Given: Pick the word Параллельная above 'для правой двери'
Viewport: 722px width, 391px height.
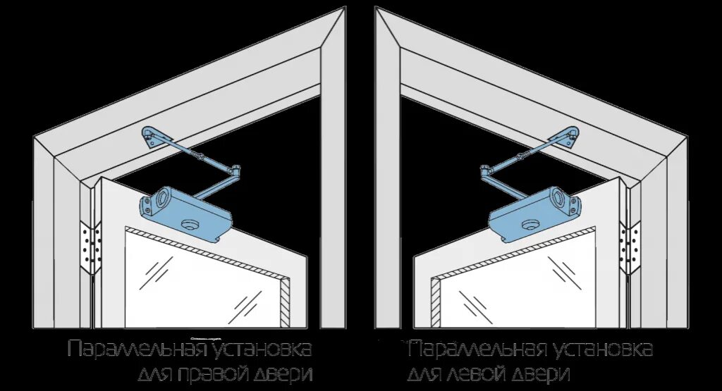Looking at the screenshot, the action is pos(137,349).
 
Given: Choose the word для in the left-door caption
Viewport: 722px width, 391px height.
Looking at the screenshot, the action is pos(427,373).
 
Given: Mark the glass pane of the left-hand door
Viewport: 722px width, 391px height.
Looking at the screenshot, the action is pos(522,289).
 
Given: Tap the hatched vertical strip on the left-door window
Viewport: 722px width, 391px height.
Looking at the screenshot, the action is pos(436,303).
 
